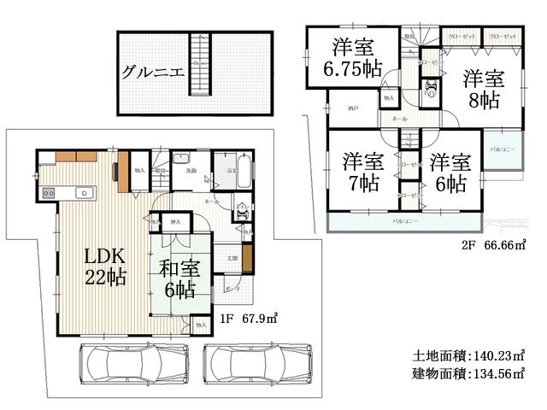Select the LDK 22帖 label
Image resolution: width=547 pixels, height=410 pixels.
pyautogui.click(x=106, y=266)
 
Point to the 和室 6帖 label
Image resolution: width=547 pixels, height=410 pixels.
pyautogui.click(x=179, y=278)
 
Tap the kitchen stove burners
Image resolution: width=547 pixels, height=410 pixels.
pyautogui.click(x=46, y=194)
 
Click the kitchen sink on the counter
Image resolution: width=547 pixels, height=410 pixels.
pyautogui.click(x=86, y=194)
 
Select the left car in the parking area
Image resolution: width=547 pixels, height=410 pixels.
pyautogui.click(x=132, y=365)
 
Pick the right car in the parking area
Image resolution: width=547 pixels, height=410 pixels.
pyautogui.click(x=257, y=365)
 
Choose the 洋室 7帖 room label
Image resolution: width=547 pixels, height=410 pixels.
pyautogui.click(x=362, y=171)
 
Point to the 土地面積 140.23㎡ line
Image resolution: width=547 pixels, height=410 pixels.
pyautogui.click(x=470, y=354)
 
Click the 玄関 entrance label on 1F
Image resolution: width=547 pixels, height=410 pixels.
pyautogui.click(x=232, y=257)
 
